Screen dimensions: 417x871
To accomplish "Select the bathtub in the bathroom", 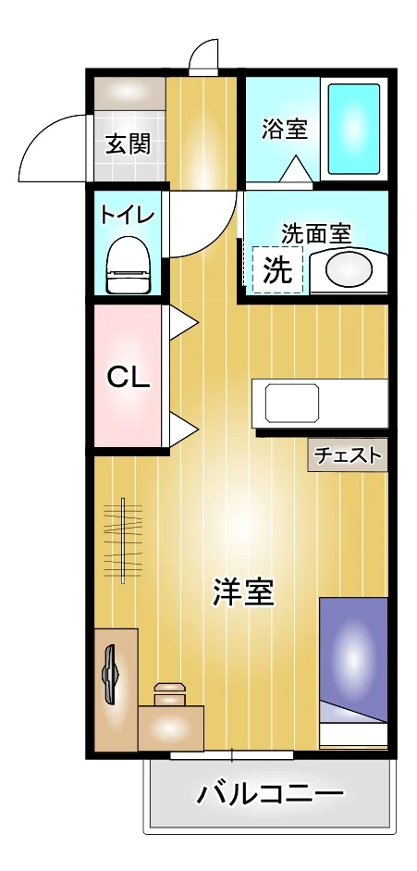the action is [354, 130].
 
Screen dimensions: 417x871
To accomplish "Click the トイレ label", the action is [127, 215].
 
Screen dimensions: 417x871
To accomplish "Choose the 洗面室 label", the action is [316, 233].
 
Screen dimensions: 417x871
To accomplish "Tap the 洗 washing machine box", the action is [277, 270].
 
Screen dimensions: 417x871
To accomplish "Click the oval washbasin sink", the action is [349, 270].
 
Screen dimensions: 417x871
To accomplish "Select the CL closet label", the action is [129, 379].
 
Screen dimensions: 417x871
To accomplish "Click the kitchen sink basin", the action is [292, 404].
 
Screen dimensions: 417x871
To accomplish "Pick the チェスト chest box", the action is [348, 455].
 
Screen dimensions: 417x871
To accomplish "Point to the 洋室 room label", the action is [243, 592].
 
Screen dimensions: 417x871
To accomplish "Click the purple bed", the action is [353, 673].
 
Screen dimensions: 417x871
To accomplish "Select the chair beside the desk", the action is [169, 694].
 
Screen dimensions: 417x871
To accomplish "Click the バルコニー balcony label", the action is [270, 795].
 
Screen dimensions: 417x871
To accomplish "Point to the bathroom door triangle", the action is [296, 168].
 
